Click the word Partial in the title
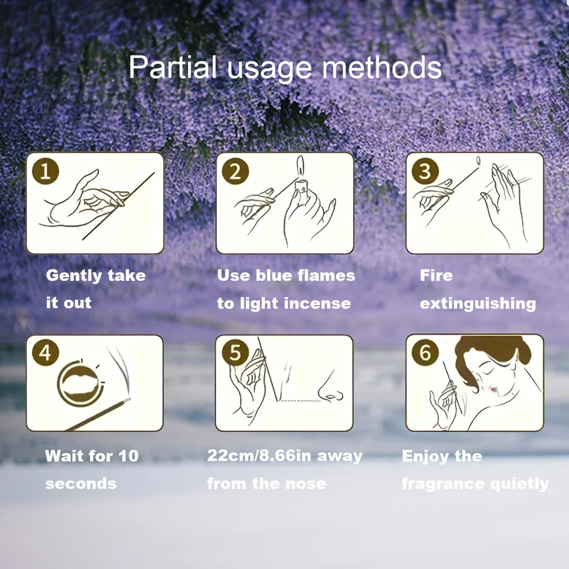(x=172, y=67)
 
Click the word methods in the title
(x=382, y=67)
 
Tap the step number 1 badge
(x=45, y=171)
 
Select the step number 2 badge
(x=235, y=171)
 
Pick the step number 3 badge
(x=425, y=171)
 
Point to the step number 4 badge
(x=45, y=352)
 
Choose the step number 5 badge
(x=235, y=352)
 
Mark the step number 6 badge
(x=425, y=352)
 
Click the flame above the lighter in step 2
(x=300, y=166)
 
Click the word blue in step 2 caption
(x=274, y=276)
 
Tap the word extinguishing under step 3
(x=478, y=304)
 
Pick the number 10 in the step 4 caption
(x=129, y=456)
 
